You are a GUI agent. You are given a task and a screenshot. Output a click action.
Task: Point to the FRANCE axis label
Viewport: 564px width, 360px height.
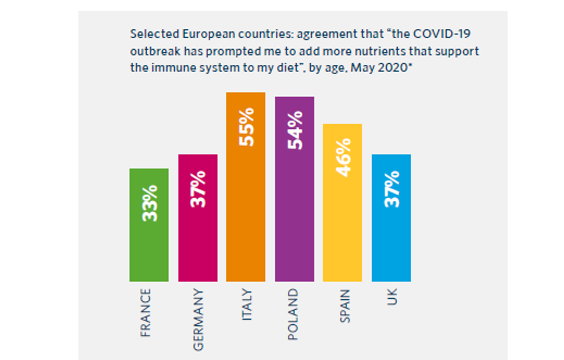(x=146, y=313)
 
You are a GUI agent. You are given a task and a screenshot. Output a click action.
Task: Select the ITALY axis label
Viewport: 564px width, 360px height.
(x=246, y=305)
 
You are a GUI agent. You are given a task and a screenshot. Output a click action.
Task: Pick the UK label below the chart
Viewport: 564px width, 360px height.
(x=392, y=298)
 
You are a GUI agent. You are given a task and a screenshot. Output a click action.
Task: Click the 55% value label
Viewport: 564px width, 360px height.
(x=246, y=127)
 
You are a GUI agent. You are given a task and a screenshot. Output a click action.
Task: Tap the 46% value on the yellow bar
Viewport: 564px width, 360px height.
(x=343, y=157)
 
